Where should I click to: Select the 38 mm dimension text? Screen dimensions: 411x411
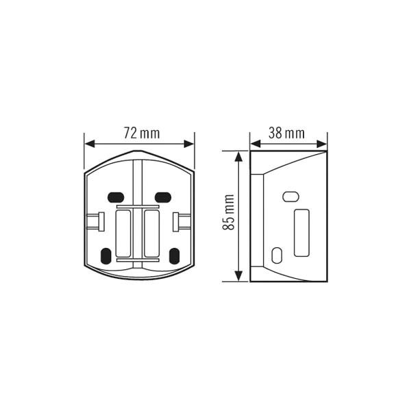[286, 134]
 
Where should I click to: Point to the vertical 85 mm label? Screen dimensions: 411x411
[229, 212]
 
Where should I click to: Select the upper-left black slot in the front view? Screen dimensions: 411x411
[116, 197]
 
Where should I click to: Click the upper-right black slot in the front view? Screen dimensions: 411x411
[162, 197]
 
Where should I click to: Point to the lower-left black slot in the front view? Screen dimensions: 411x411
[105, 256]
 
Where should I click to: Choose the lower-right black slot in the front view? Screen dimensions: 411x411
[174, 256]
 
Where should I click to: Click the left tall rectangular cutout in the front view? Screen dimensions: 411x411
[124, 233]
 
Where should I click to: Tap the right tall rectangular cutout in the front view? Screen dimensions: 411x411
[151, 233]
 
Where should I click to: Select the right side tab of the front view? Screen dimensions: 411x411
[182, 221]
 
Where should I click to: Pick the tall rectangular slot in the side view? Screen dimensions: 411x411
[301, 234]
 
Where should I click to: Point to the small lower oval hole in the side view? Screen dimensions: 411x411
[276, 256]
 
